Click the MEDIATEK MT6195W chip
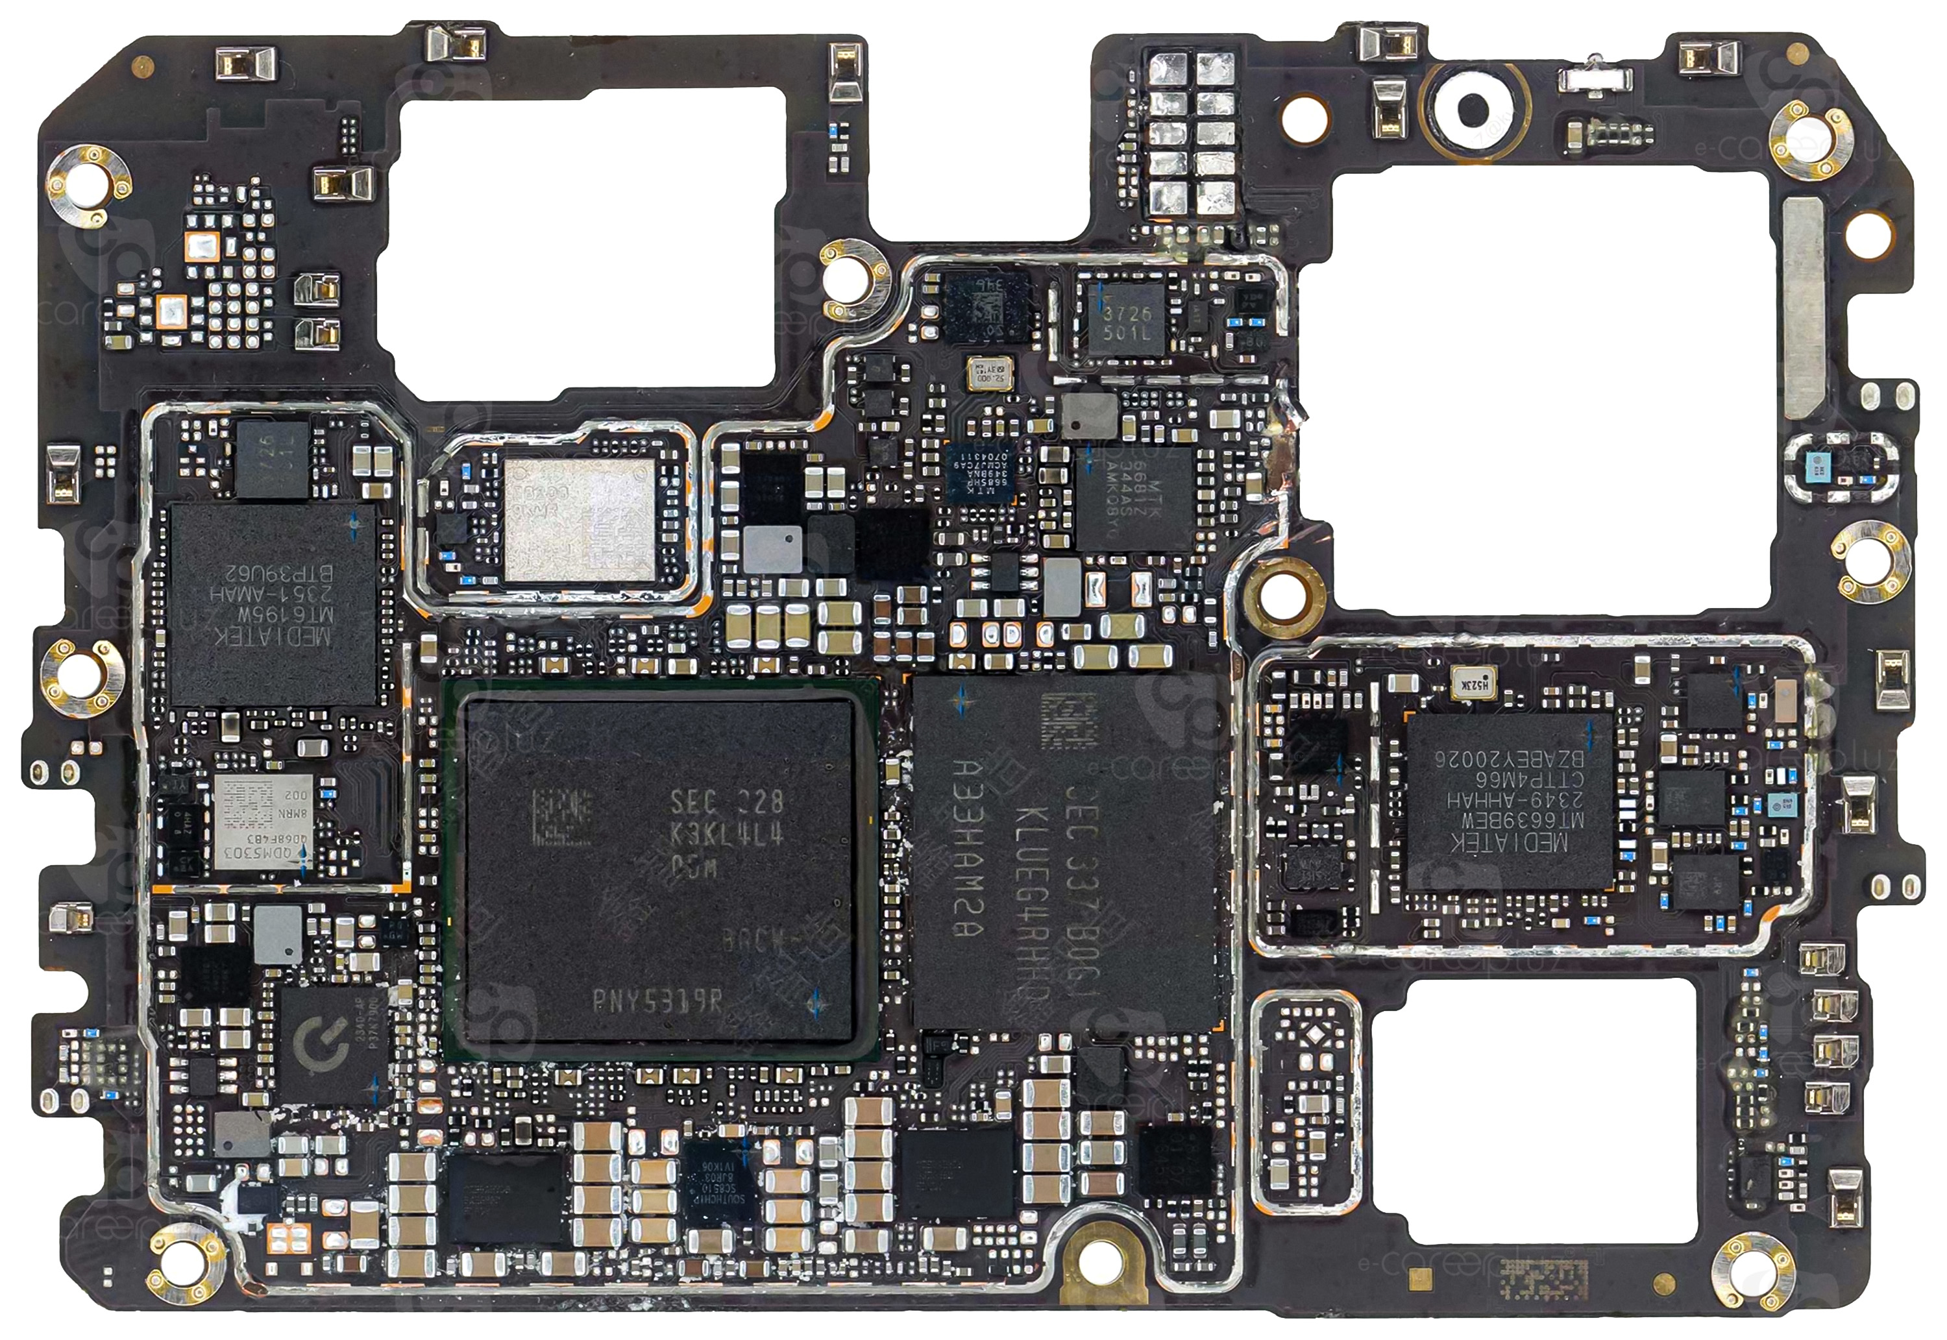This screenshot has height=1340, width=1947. click(273, 603)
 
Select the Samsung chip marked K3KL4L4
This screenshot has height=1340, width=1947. click(660, 873)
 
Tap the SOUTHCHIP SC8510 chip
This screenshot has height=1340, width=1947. click(720, 1175)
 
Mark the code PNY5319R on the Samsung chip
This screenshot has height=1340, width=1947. click(659, 1000)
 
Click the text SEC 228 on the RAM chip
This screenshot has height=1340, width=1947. click(727, 803)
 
